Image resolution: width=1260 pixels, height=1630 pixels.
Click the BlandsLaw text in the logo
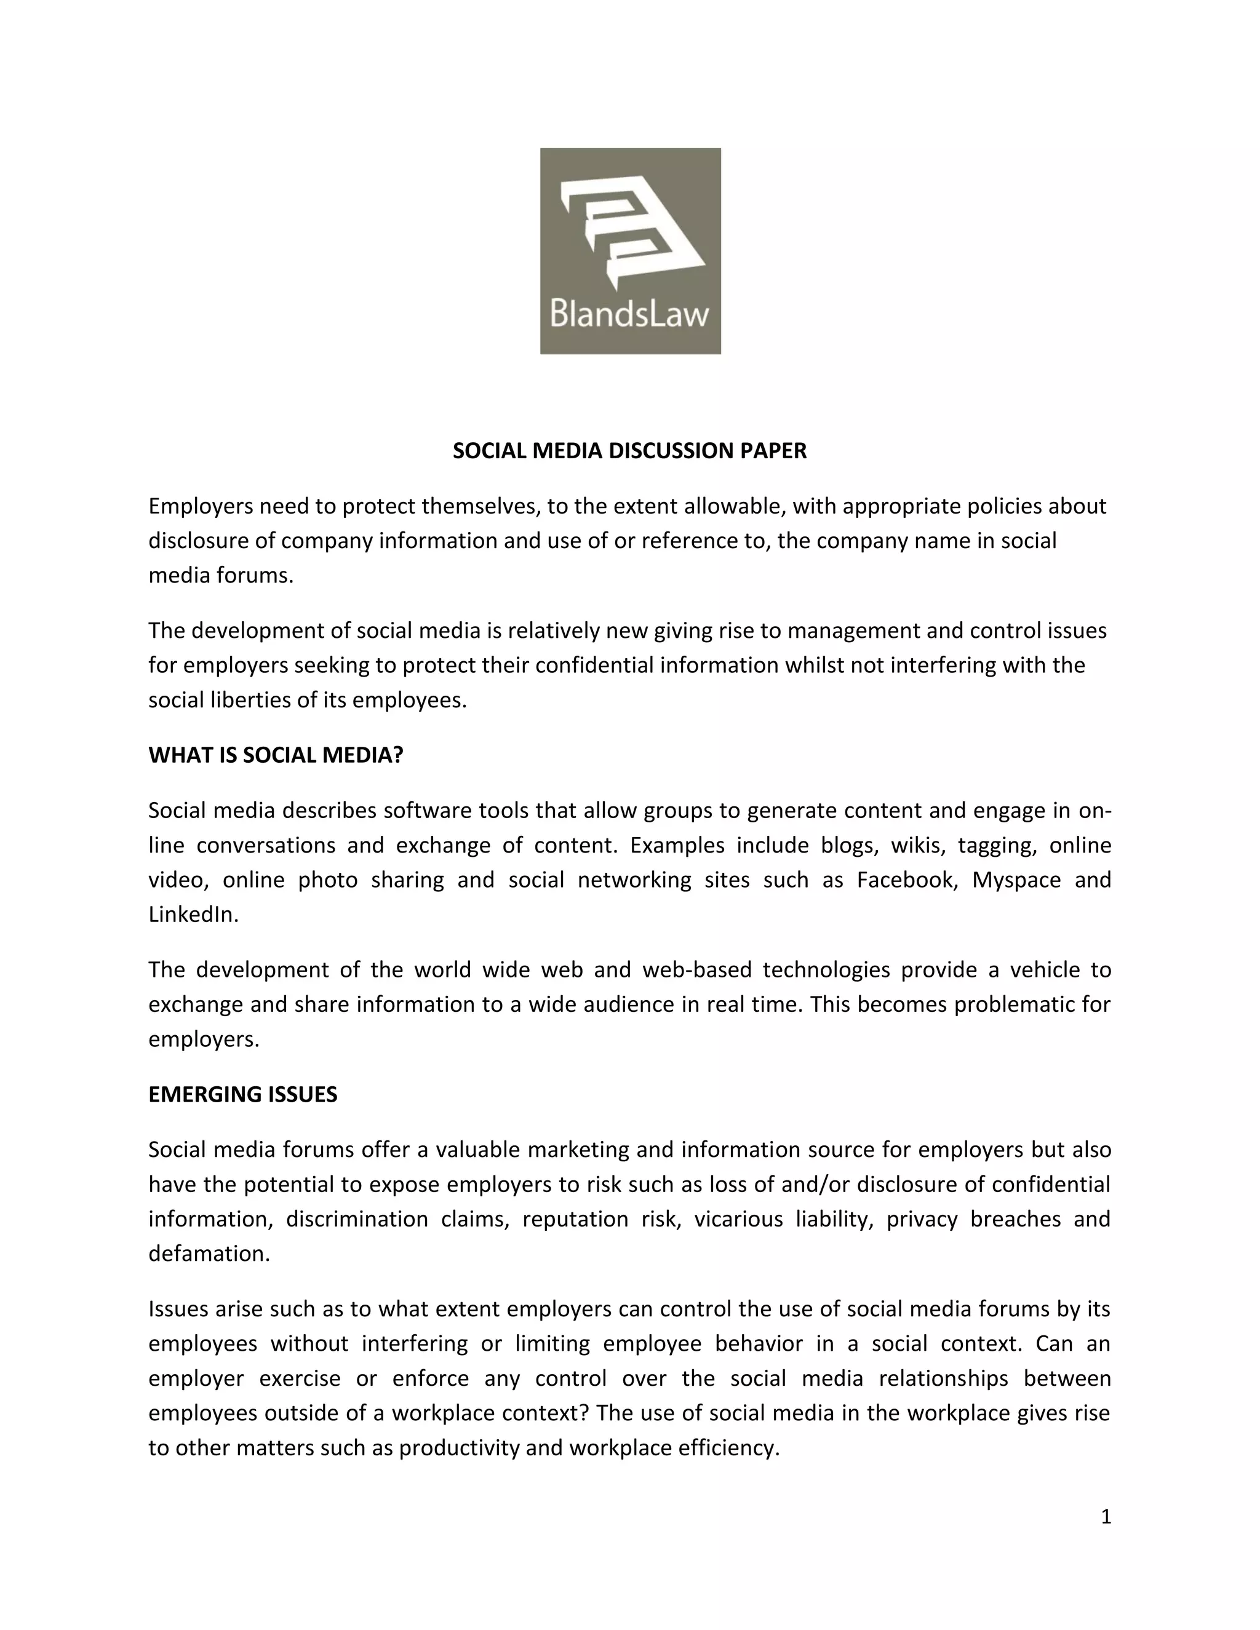[x=629, y=312]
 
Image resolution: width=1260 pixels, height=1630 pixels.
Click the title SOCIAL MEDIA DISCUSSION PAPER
[x=629, y=451]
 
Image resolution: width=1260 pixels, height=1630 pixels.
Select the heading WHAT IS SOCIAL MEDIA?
[x=276, y=755]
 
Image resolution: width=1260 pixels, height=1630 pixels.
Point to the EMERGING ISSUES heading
[x=242, y=1094]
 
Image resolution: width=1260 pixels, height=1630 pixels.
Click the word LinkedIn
[x=193, y=914]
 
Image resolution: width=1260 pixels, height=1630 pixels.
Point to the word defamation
[x=209, y=1254]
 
